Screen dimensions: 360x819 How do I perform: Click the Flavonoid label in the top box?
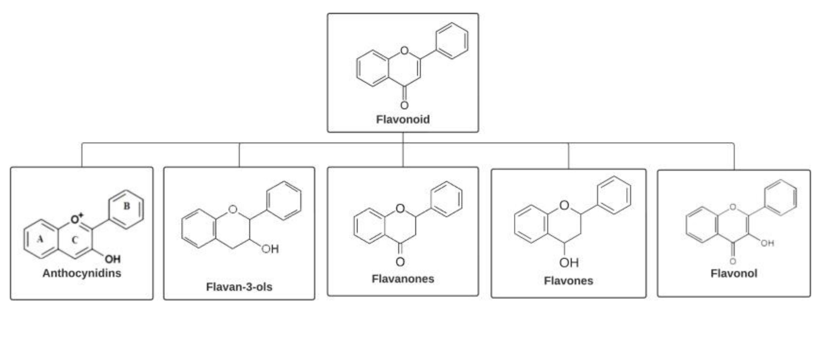point(403,119)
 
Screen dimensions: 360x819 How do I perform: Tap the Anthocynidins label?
point(82,273)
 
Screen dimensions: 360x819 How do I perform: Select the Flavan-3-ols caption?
point(239,287)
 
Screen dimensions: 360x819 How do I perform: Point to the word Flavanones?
point(403,279)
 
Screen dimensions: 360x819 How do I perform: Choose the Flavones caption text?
point(568,281)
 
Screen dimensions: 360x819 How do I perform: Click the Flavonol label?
point(734,273)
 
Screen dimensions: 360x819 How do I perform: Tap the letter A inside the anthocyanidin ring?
point(40,239)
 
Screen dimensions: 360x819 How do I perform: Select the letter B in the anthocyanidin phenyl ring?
point(127,206)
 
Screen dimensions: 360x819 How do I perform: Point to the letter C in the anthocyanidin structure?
point(75,241)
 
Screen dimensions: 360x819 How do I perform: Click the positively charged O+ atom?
point(76,219)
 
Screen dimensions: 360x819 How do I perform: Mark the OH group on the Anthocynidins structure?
point(113,260)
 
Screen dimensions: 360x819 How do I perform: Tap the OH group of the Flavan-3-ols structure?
point(270,249)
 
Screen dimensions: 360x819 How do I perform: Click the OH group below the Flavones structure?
point(569,262)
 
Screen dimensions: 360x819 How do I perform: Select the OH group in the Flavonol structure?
point(767,243)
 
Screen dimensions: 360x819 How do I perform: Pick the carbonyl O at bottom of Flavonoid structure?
point(405,105)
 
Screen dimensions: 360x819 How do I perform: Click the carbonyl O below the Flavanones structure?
point(400,262)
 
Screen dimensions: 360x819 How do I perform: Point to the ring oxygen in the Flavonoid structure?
point(405,51)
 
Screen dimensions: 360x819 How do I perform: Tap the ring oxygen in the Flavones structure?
point(564,206)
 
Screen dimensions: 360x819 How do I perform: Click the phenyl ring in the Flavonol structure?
point(781,198)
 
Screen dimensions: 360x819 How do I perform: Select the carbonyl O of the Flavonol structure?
point(733,261)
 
